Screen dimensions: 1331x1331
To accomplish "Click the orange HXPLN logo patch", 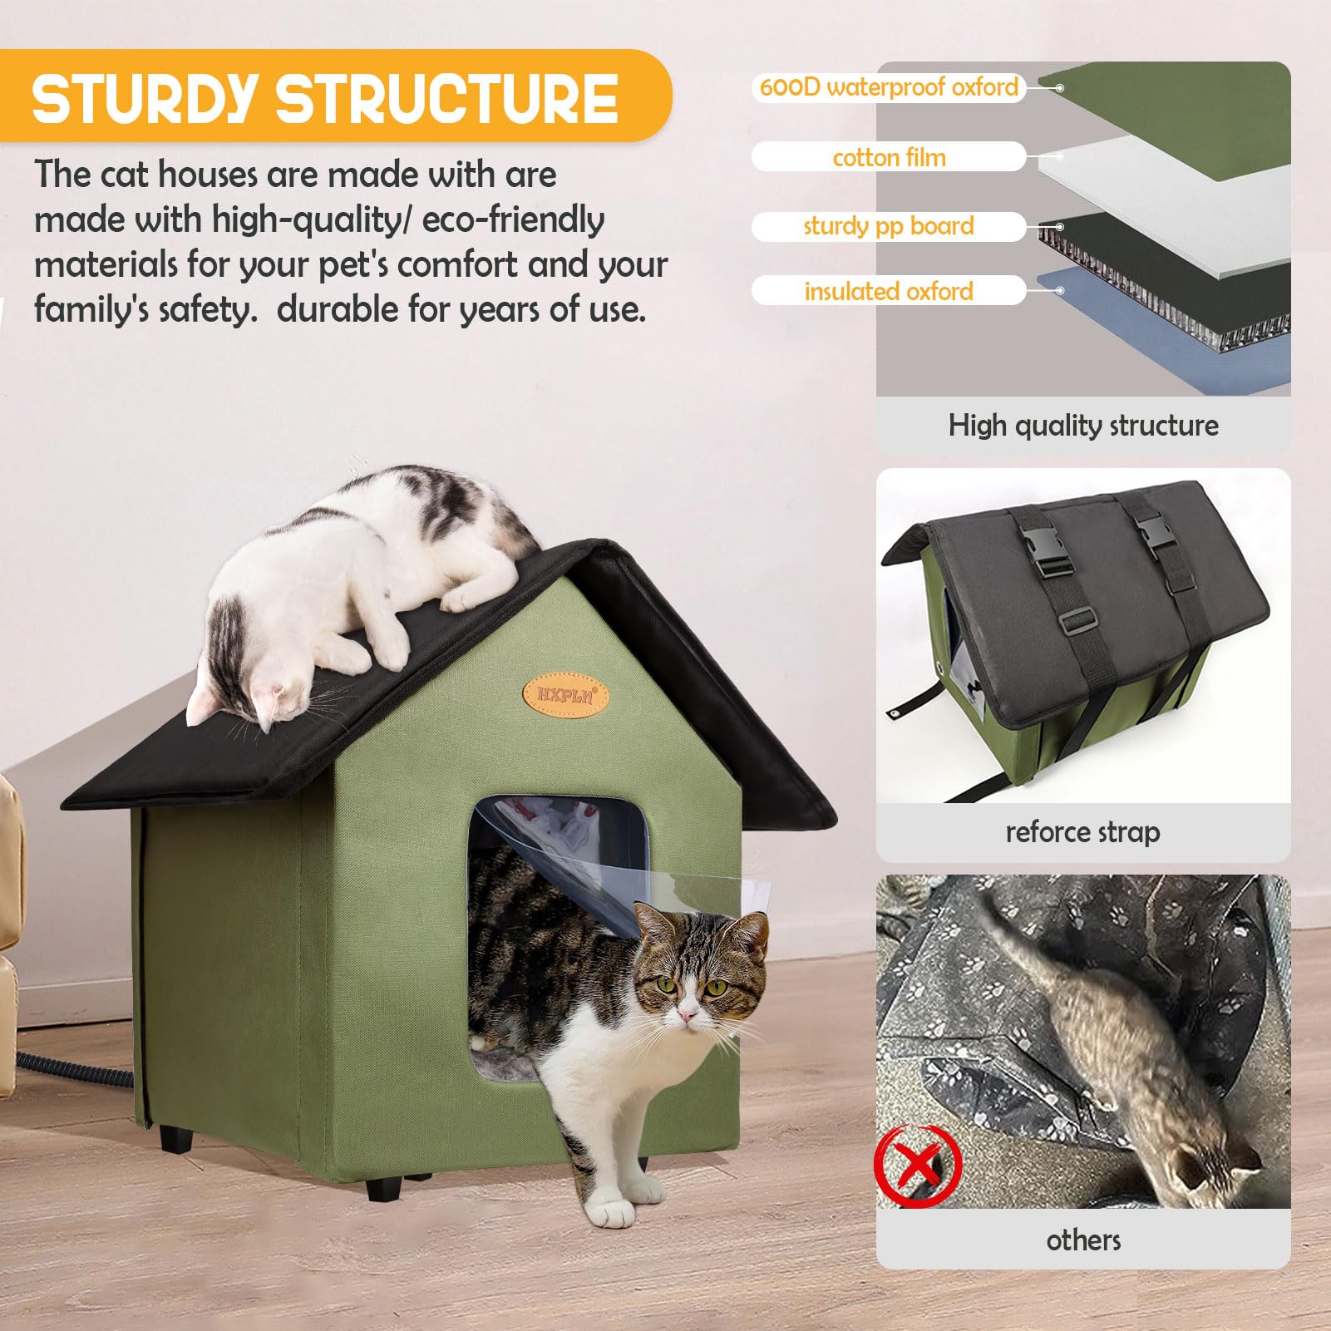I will (x=565, y=695).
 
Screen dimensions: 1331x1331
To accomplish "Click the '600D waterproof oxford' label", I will (x=889, y=87).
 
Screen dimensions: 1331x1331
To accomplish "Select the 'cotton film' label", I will (x=889, y=157).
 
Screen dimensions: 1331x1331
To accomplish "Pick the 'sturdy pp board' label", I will (x=889, y=226).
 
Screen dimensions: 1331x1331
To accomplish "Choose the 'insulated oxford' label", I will (x=889, y=291).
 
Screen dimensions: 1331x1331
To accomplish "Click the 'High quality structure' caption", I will (x=1082, y=426).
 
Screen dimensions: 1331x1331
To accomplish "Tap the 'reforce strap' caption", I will (x=1082, y=832).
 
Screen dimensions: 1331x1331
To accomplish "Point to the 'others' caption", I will (x=1082, y=1240).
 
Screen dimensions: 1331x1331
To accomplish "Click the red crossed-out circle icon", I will (x=918, y=1166).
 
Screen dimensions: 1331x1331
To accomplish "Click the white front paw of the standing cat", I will (x=613, y=1215).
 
